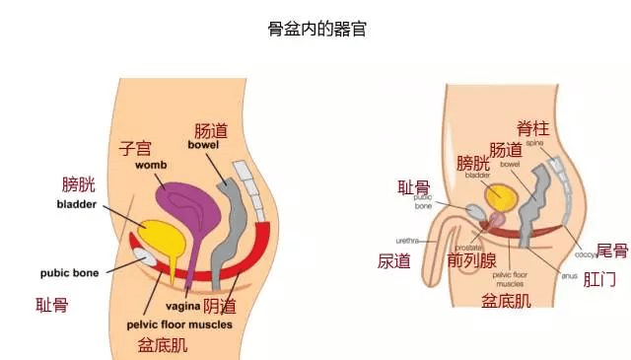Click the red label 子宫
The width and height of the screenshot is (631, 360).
135,148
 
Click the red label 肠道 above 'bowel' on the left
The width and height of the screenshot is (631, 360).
209,130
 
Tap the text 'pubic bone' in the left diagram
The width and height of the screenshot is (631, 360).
68,273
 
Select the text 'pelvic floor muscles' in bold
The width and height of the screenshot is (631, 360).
178,324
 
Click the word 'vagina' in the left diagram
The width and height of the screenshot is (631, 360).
177,306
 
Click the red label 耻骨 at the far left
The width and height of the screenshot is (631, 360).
52,306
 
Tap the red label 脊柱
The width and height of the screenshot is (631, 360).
532,127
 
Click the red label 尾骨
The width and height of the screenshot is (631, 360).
612,252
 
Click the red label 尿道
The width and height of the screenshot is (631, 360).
394,260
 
